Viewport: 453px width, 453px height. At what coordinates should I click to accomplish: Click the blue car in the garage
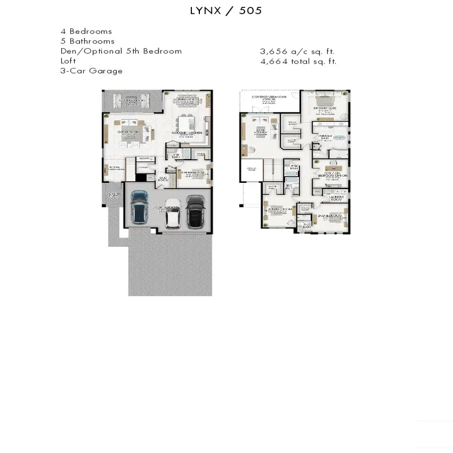[139, 208]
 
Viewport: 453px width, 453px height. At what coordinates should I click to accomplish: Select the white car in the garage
[173, 213]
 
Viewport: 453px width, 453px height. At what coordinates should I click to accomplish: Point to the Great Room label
[129, 131]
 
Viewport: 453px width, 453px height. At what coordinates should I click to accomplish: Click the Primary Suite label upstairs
[325, 108]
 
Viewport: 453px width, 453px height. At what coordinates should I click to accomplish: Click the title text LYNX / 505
[226, 11]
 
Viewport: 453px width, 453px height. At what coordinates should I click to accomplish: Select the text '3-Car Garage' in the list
[91, 71]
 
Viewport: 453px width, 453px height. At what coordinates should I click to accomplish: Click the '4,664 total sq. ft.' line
[298, 61]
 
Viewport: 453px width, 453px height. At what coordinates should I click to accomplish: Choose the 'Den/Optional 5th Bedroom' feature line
[121, 51]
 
